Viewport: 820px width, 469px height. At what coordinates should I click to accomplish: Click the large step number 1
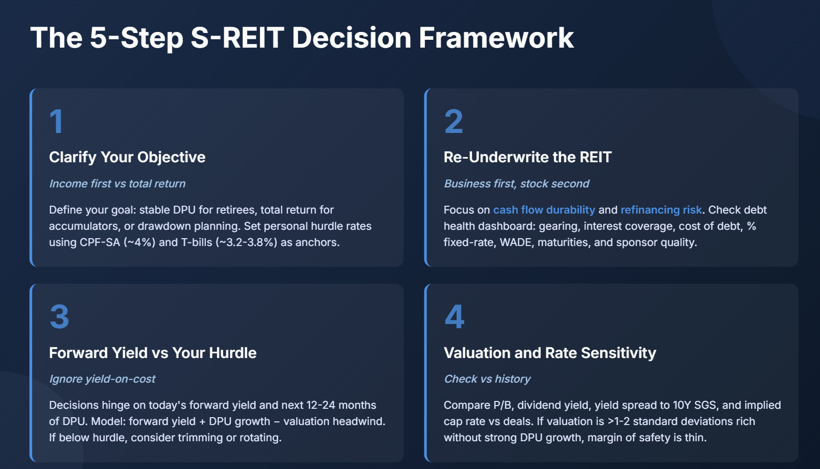pyautogui.click(x=56, y=121)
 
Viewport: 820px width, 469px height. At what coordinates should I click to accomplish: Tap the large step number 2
pyautogui.click(x=453, y=121)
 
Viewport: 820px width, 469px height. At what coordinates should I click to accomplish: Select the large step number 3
pyautogui.click(x=59, y=317)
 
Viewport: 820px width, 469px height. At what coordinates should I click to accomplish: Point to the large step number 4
pyautogui.click(x=454, y=317)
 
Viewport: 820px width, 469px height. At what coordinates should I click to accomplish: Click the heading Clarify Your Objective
pyautogui.click(x=127, y=157)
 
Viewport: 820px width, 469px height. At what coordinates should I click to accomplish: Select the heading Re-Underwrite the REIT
pyautogui.click(x=527, y=157)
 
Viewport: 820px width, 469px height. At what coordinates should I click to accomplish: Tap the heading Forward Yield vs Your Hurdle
pyautogui.click(x=152, y=353)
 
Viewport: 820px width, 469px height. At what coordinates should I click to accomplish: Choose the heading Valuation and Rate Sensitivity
pyautogui.click(x=550, y=353)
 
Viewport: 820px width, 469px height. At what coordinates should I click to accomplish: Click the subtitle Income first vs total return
pyautogui.click(x=117, y=184)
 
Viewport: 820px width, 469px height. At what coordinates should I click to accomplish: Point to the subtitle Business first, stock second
pyautogui.click(x=516, y=184)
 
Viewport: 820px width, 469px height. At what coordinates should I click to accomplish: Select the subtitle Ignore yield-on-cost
pyautogui.click(x=102, y=379)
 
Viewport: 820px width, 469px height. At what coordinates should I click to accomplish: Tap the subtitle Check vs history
pyautogui.click(x=487, y=379)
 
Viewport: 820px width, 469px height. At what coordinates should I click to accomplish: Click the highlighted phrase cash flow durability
pyautogui.click(x=544, y=210)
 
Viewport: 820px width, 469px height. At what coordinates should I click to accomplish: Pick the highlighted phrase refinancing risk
pyautogui.click(x=661, y=210)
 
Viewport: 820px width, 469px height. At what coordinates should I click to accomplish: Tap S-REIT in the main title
pyautogui.click(x=237, y=38)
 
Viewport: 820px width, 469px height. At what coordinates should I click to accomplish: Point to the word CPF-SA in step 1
pyautogui.click(x=100, y=242)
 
